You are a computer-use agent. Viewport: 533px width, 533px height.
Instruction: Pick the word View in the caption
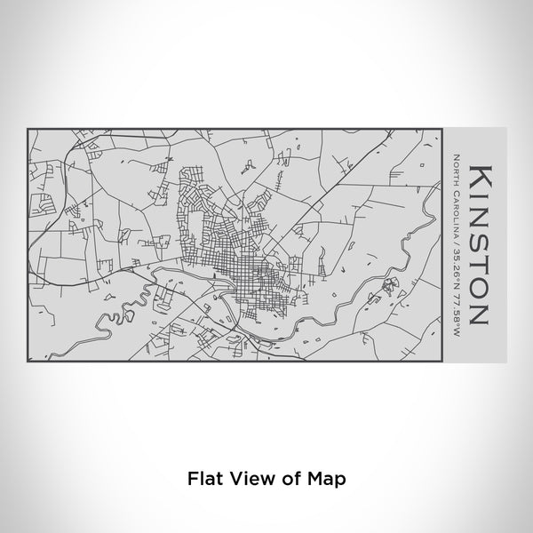click(245, 478)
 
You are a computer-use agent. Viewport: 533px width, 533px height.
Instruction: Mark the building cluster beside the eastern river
click(389, 286)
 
